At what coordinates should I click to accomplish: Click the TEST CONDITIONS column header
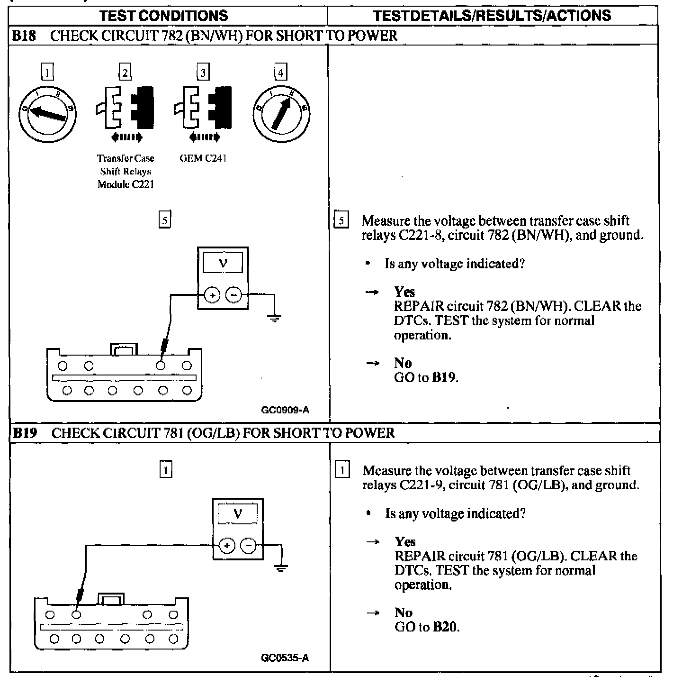[164, 16]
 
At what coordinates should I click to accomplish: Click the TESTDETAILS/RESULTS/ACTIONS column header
[492, 16]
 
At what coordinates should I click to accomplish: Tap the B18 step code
[24, 36]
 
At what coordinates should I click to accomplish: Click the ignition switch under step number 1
[47, 113]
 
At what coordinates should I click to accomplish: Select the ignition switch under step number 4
[281, 113]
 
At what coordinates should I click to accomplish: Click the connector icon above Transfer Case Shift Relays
[125, 108]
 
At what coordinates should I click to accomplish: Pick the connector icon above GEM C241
[203, 108]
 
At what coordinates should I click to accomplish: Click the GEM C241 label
[203, 158]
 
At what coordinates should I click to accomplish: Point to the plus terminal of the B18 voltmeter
[212, 295]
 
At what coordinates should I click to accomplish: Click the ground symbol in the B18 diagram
[274, 318]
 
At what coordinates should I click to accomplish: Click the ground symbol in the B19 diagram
[281, 567]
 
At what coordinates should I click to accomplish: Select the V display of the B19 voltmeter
[238, 514]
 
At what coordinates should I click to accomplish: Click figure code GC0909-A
[285, 410]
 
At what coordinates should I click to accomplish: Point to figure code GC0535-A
[285, 658]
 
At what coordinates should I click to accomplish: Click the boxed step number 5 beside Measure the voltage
[341, 220]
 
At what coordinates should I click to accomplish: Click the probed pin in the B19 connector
[76, 615]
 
